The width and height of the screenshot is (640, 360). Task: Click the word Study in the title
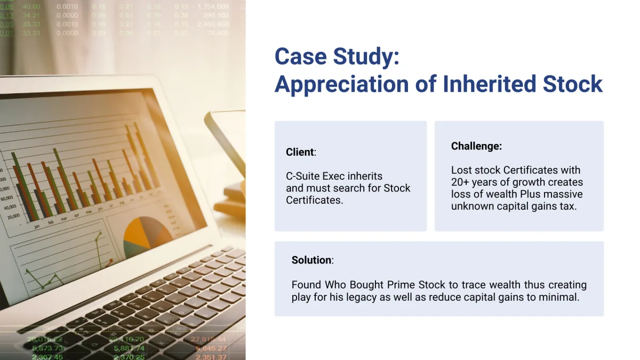coord(366,57)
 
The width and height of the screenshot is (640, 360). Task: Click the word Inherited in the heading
coord(489,84)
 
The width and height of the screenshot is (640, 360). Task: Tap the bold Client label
coord(300,152)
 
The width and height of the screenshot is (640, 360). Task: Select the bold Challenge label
coord(476,146)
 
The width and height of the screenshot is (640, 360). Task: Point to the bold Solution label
coord(311,260)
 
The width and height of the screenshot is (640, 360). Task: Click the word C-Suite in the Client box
coord(302,176)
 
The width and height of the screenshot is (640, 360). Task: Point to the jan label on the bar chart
coord(37,227)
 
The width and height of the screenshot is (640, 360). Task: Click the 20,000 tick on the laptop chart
coord(13,217)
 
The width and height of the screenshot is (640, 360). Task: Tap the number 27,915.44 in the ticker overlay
coord(208,339)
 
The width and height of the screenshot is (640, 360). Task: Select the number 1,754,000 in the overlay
coord(213,6)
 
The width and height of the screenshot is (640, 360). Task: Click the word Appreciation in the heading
coord(342,85)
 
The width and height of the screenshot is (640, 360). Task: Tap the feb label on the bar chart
coord(51,222)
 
